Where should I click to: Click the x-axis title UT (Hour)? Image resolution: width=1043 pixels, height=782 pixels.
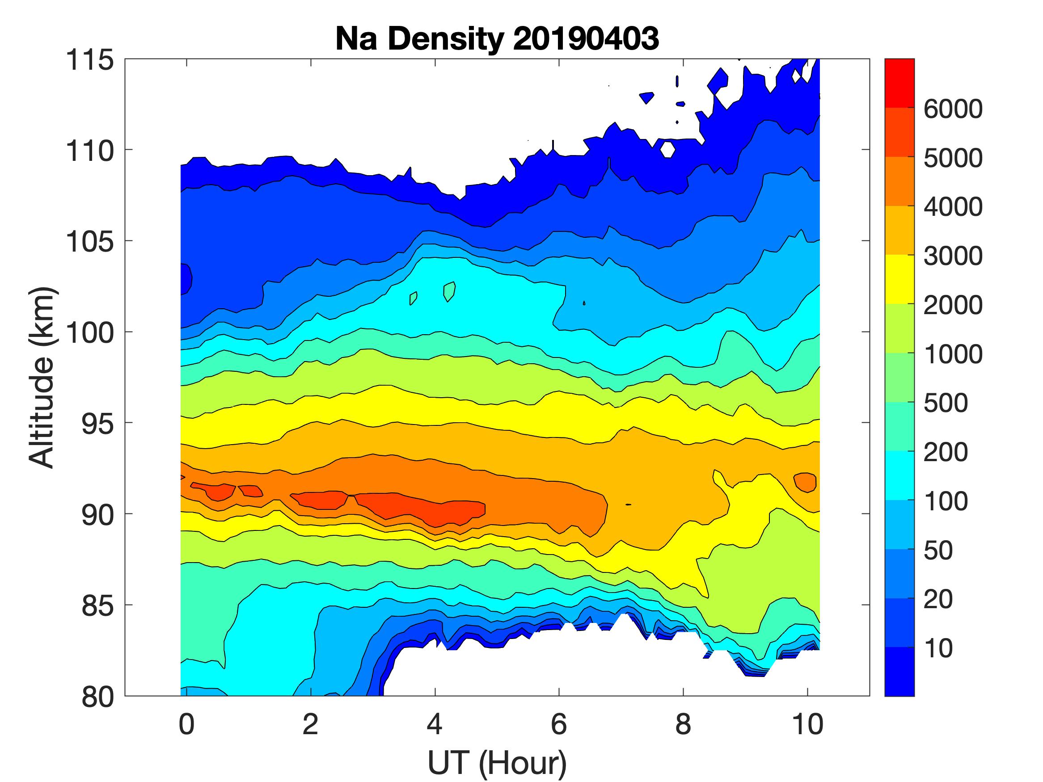tap(497, 762)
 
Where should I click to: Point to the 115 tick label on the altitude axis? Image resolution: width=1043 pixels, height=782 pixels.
tap(89, 60)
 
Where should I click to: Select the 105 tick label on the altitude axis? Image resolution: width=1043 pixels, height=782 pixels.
tap(89, 242)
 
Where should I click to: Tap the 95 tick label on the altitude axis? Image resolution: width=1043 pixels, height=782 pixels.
tap(97, 424)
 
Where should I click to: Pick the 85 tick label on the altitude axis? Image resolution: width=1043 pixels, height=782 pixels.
tap(97, 605)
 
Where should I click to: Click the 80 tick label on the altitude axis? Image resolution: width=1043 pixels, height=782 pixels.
tap(97, 697)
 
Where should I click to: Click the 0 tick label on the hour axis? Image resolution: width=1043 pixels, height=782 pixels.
tap(187, 724)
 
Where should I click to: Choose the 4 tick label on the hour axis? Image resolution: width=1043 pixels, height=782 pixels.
tap(435, 724)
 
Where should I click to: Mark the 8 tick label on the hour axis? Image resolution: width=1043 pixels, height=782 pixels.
tap(683, 724)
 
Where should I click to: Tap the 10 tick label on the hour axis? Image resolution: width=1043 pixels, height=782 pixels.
tap(808, 724)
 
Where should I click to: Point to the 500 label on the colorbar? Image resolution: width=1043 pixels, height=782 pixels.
tap(946, 404)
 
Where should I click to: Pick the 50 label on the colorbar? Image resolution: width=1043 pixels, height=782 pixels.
tap(938, 551)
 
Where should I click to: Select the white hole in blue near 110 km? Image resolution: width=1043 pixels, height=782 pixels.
tap(667, 149)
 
